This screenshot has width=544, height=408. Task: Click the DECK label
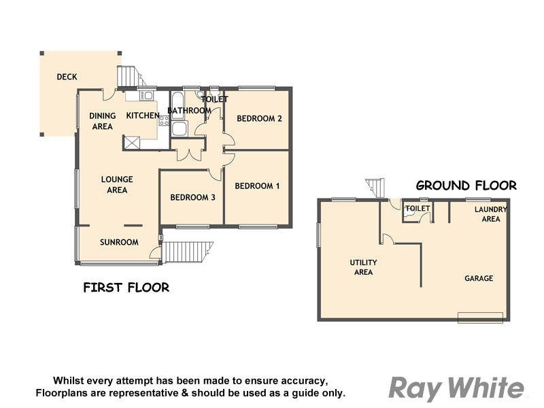pos(67,77)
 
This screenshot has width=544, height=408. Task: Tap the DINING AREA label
pos(103,121)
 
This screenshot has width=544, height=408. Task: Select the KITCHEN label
pos(143,116)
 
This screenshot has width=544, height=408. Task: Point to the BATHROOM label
pos(189,110)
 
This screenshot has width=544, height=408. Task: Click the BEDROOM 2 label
pos(259,118)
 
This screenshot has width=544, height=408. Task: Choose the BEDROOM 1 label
pos(257,186)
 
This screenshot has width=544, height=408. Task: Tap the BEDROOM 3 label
pos(192,197)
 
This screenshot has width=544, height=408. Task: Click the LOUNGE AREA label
pos(117,184)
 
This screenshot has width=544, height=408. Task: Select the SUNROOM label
pos(119,242)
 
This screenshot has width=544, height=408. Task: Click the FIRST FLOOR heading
pos(126,288)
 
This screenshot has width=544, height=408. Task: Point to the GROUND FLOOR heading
pos(466,185)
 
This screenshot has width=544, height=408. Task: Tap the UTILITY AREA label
pos(363,267)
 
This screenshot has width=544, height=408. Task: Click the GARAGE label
pos(479,278)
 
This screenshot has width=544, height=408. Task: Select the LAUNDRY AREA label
pos(490,214)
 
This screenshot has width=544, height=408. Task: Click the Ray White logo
pos(456,388)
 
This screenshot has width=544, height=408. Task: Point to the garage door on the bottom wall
pos(480,317)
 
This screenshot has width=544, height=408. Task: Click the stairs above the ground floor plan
pos(375,187)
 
